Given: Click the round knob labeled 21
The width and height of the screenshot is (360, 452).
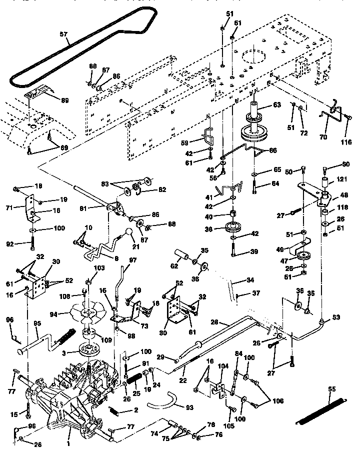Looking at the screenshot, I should coord(128,233).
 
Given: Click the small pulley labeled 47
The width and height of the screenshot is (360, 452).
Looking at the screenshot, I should coord(302,257).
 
